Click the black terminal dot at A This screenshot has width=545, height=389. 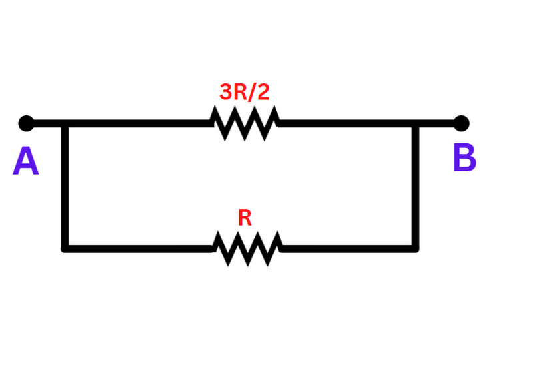(26, 123)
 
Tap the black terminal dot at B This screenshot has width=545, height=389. (461, 123)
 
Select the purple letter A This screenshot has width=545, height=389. (25, 162)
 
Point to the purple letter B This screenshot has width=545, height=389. (464, 159)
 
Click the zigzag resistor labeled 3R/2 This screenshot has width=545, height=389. (245, 123)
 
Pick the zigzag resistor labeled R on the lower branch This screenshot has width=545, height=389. (247, 249)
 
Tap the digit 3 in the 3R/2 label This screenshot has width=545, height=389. (225, 92)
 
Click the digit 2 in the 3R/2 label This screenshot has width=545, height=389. (263, 92)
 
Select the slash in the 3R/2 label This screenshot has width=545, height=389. (251, 92)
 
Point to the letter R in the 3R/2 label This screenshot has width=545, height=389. (239, 92)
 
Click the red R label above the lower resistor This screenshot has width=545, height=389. (245, 218)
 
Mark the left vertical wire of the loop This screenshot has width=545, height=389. (65, 187)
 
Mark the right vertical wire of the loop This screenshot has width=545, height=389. (415, 187)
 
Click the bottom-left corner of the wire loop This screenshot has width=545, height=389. (65, 248)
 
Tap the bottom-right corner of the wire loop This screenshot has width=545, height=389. (415, 248)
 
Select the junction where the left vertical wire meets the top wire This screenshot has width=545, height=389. (65, 123)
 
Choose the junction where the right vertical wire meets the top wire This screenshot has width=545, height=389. (415, 123)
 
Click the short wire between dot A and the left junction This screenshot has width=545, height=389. (45, 123)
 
